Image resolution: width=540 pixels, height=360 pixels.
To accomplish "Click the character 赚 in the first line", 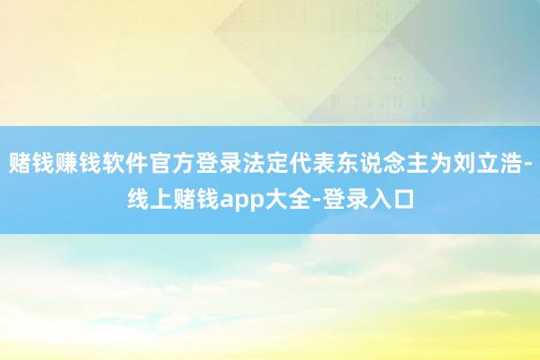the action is pos(67,163).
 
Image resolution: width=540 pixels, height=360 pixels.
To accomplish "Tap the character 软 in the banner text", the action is pos(113,163).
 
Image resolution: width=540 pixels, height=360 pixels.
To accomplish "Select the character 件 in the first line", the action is pos(137,163).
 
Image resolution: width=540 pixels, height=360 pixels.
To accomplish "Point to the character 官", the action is pos(160,163).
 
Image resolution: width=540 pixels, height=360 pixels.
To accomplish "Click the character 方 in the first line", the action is pos(184,163).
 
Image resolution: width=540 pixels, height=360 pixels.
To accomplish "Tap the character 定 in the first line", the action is pos(277,163).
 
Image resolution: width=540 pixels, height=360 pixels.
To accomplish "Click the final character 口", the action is pos(403,199).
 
